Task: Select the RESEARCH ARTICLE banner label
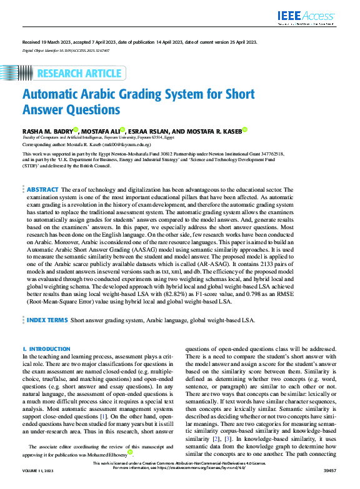pos(79,74)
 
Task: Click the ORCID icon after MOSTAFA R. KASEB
pos(244,130)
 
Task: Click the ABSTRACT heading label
pos(43,189)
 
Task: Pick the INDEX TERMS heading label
pos(47,320)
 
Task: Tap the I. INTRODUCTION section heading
pos(46,348)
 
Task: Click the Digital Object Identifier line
pos(66,49)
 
